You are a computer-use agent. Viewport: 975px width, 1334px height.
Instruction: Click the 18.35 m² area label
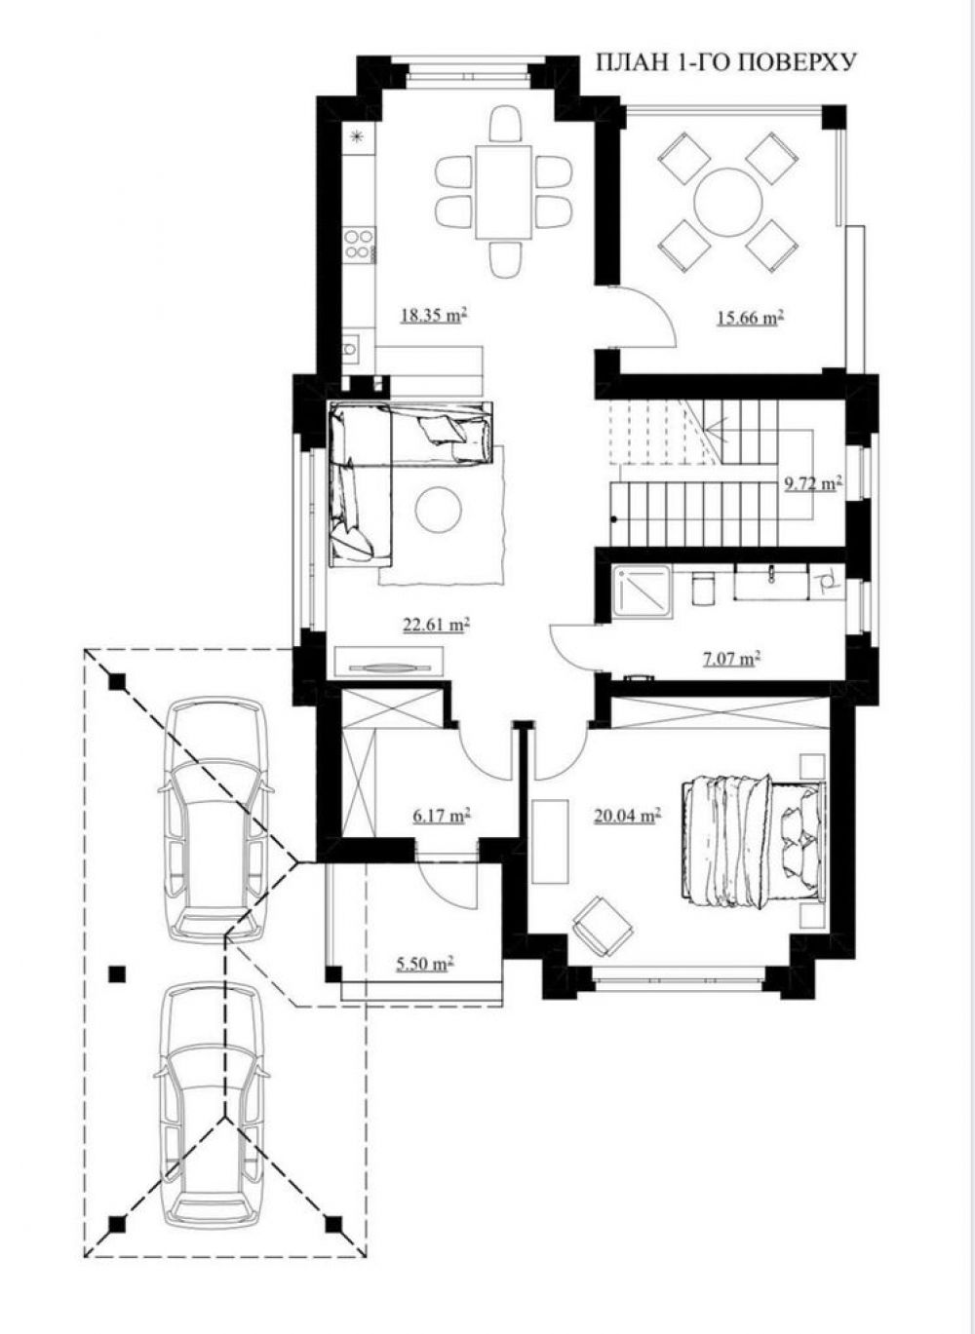click(x=433, y=315)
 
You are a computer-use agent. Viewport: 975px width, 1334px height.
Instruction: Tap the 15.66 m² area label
click(x=749, y=318)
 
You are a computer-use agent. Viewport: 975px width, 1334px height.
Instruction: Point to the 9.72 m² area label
click(x=813, y=483)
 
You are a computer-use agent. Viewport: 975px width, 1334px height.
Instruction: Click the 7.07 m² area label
click(x=731, y=658)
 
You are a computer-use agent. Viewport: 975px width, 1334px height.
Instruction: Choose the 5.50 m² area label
click(x=426, y=963)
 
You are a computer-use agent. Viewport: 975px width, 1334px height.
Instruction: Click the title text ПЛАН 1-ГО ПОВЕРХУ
click(x=726, y=62)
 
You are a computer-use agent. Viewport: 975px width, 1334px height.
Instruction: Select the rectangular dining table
click(x=504, y=191)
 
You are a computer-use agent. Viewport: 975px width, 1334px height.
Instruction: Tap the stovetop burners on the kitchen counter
click(x=359, y=245)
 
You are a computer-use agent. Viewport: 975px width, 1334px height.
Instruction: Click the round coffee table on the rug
click(x=439, y=509)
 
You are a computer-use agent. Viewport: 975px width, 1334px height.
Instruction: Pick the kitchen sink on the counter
click(x=352, y=350)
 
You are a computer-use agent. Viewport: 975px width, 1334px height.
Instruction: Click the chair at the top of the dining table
click(x=506, y=125)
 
